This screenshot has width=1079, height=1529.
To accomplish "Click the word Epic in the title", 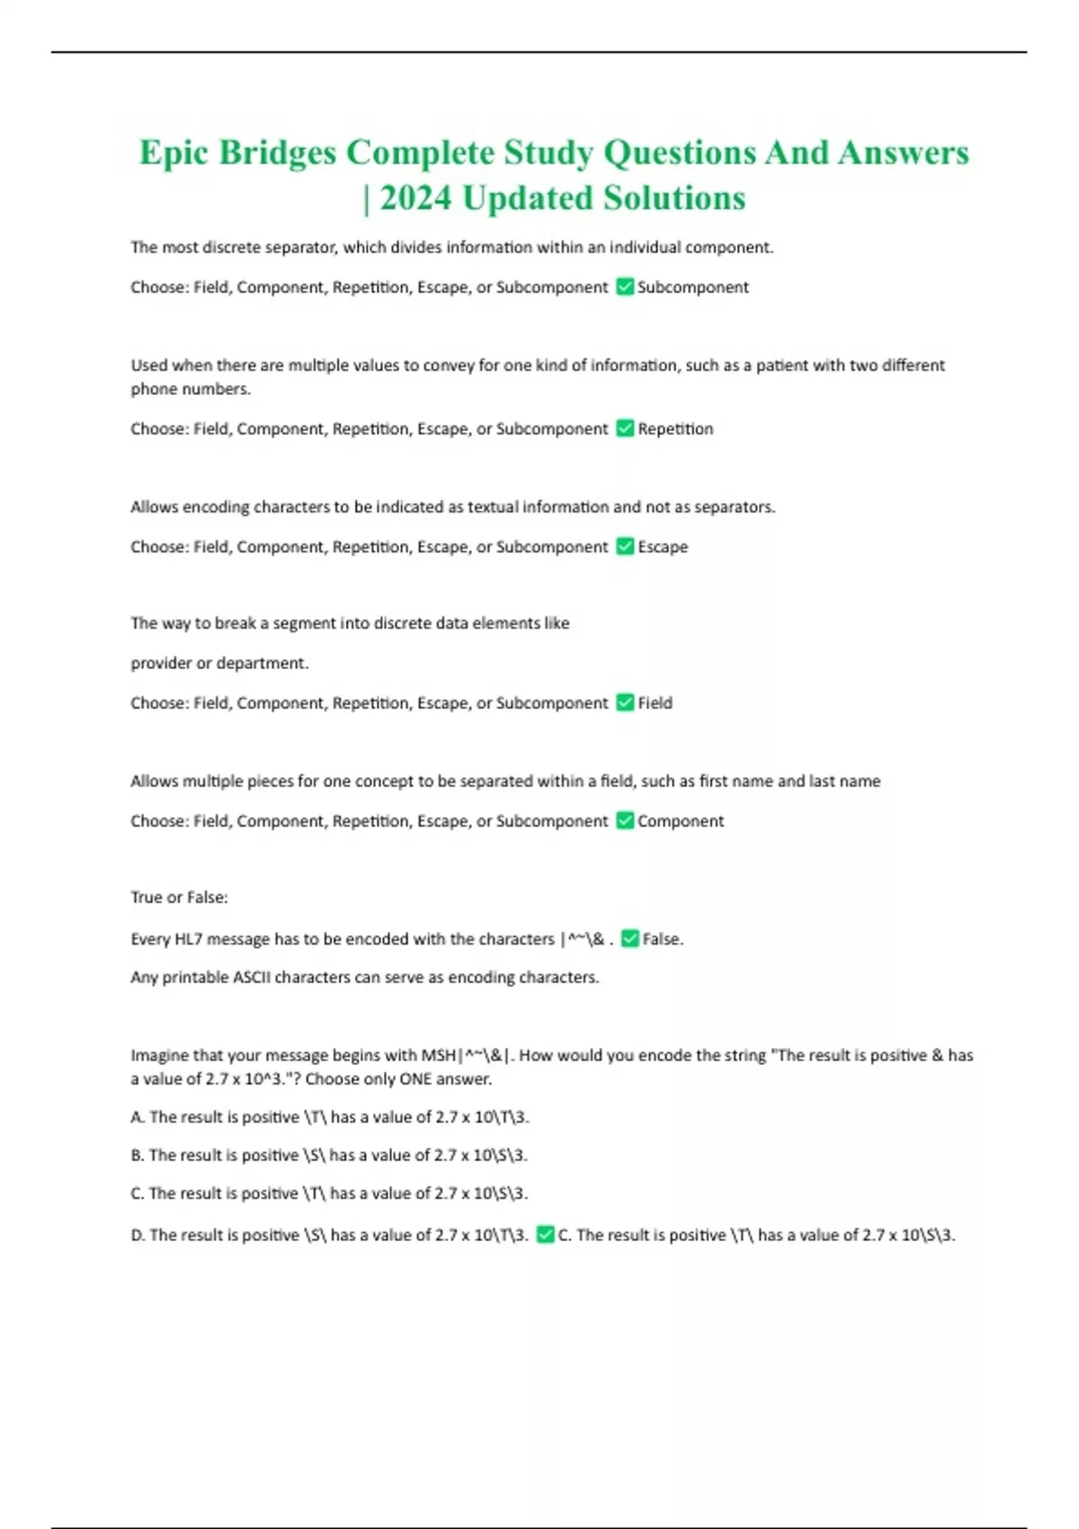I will coord(174,153).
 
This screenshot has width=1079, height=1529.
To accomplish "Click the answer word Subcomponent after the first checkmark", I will coord(692,288).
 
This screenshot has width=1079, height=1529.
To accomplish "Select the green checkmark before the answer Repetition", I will coord(625,429).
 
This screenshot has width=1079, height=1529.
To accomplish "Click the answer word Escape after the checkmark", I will coord(663,547).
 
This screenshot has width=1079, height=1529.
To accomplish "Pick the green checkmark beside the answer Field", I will coord(625,703).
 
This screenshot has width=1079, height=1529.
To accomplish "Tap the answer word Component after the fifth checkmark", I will coord(681,821).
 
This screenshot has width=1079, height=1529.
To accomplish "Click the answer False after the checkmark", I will coord(663,939).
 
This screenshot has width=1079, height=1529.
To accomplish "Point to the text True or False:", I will coord(179,898).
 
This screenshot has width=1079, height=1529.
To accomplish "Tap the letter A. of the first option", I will coord(138,1117).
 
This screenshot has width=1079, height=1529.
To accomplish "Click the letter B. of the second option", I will coord(138,1155).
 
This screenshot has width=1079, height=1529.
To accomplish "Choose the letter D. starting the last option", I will coord(138,1236).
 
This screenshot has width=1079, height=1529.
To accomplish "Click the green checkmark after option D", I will coord(545,1236).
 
